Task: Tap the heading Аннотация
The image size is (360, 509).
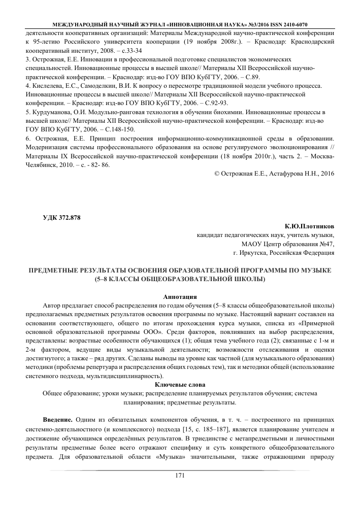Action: (180, 296)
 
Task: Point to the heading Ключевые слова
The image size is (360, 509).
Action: (180, 385)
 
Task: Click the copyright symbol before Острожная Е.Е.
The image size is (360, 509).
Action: (217, 174)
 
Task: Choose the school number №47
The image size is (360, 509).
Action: (325, 243)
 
